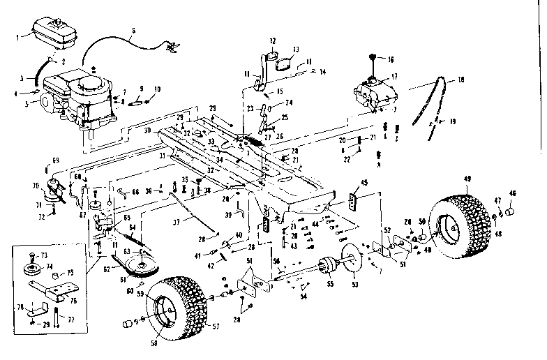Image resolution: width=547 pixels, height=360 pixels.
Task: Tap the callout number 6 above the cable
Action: (x=134, y=30)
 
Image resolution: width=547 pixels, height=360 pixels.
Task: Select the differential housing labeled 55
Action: (x=326, y=267)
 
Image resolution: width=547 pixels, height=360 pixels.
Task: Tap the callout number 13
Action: (x=295, y=50)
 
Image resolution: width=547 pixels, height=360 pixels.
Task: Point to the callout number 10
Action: (x=157, y=89)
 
